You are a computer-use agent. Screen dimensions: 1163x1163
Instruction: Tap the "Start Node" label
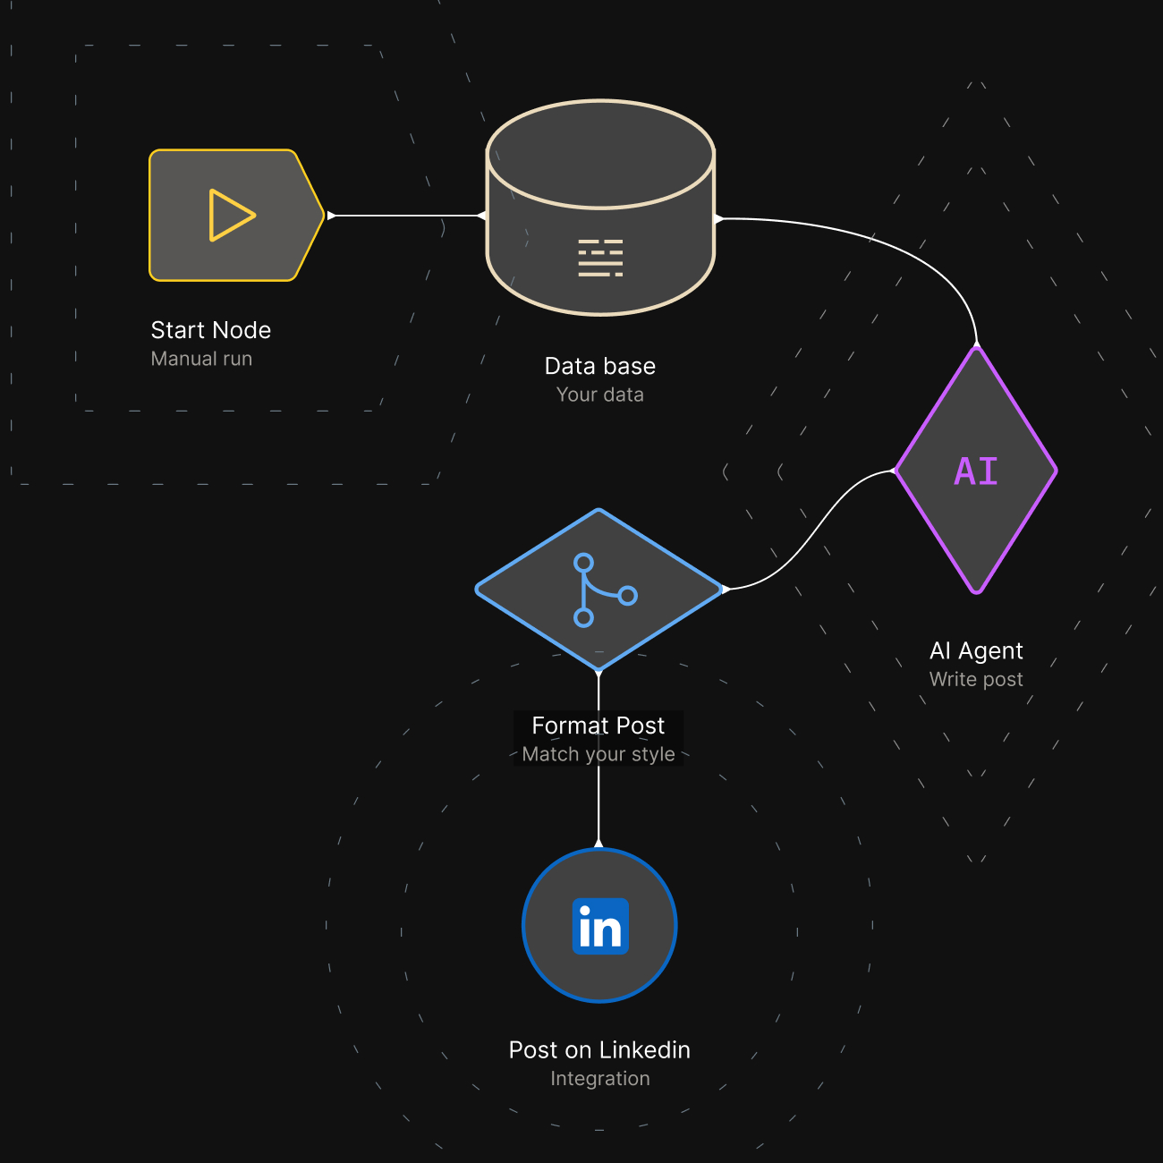(x=211, y=330)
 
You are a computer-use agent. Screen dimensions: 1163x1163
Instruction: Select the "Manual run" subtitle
(x=201, y=359)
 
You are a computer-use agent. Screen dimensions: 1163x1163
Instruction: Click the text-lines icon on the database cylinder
(x=600, y=258)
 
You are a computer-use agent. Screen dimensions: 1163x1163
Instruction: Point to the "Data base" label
(x=600, y=366)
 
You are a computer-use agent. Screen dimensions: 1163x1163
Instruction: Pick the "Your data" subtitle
(x=600, y=395)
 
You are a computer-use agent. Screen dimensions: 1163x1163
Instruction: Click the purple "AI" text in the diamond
(x=976, y=471)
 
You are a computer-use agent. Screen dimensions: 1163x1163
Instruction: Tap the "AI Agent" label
(x=976, y=650)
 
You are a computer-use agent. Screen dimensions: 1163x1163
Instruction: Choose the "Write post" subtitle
(x=976, y=679)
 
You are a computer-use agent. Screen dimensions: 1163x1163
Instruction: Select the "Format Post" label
(x=598, y=726)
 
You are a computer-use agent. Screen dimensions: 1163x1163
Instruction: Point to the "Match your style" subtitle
(x=598, y=754)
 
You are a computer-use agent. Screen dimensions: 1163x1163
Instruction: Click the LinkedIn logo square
(x=600, y=927)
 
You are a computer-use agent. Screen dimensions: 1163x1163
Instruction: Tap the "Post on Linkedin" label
(x=599, y=1049)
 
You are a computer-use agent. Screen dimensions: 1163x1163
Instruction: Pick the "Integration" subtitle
(x=600, y=1078)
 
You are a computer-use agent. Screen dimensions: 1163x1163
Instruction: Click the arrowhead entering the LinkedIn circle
(x=598, y=843)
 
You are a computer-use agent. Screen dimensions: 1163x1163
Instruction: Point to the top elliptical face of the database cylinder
(x=600, y=154)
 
